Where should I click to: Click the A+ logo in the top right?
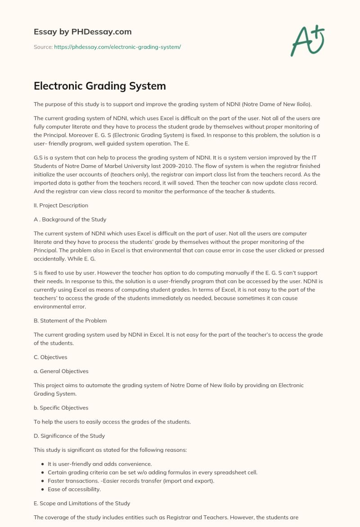[x=307, y=41]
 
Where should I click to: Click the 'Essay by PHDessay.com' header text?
[x=82, y=32]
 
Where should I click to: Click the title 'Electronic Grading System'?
[x=99, y=86]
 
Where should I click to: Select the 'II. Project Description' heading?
[x=61, y=205]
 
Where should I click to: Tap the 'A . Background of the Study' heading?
[x=70, y=220]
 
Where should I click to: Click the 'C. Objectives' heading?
[x=50, y=357]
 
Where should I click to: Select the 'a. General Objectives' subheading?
[x=61, y=371]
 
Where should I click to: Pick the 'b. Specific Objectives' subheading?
[x=61, y=408]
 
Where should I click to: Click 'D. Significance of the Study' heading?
[x=69, y=436]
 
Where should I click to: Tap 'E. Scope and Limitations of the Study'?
[x=82, y=503]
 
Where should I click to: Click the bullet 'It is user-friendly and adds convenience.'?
[x=99, y=464]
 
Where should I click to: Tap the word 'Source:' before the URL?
[x=43, y=47]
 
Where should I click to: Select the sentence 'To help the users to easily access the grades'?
[x=112, y=422]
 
